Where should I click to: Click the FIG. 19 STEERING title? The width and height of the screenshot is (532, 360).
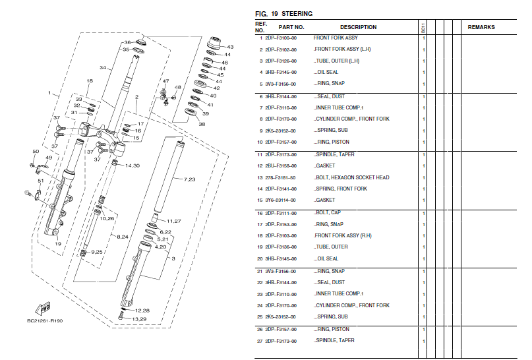283,13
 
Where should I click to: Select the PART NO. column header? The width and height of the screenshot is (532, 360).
291,27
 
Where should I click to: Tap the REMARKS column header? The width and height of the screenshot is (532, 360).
481,27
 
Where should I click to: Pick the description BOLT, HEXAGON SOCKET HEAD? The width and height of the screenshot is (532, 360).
352,177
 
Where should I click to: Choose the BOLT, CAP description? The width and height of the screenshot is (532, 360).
330,213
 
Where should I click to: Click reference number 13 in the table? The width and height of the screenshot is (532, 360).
260,177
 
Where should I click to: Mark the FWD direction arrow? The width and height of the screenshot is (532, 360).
44,308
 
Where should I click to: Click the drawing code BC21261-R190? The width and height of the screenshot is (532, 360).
45,321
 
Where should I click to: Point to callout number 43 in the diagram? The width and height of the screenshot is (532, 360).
230,47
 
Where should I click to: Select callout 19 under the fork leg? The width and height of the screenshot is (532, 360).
58,244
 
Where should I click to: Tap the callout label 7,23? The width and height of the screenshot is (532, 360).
189,179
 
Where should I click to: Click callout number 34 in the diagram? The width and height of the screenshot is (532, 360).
102,68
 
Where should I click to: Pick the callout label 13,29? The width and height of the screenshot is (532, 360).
138,319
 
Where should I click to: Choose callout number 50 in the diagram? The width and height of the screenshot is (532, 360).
36,152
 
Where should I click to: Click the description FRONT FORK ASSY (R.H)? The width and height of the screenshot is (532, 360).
343,235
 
